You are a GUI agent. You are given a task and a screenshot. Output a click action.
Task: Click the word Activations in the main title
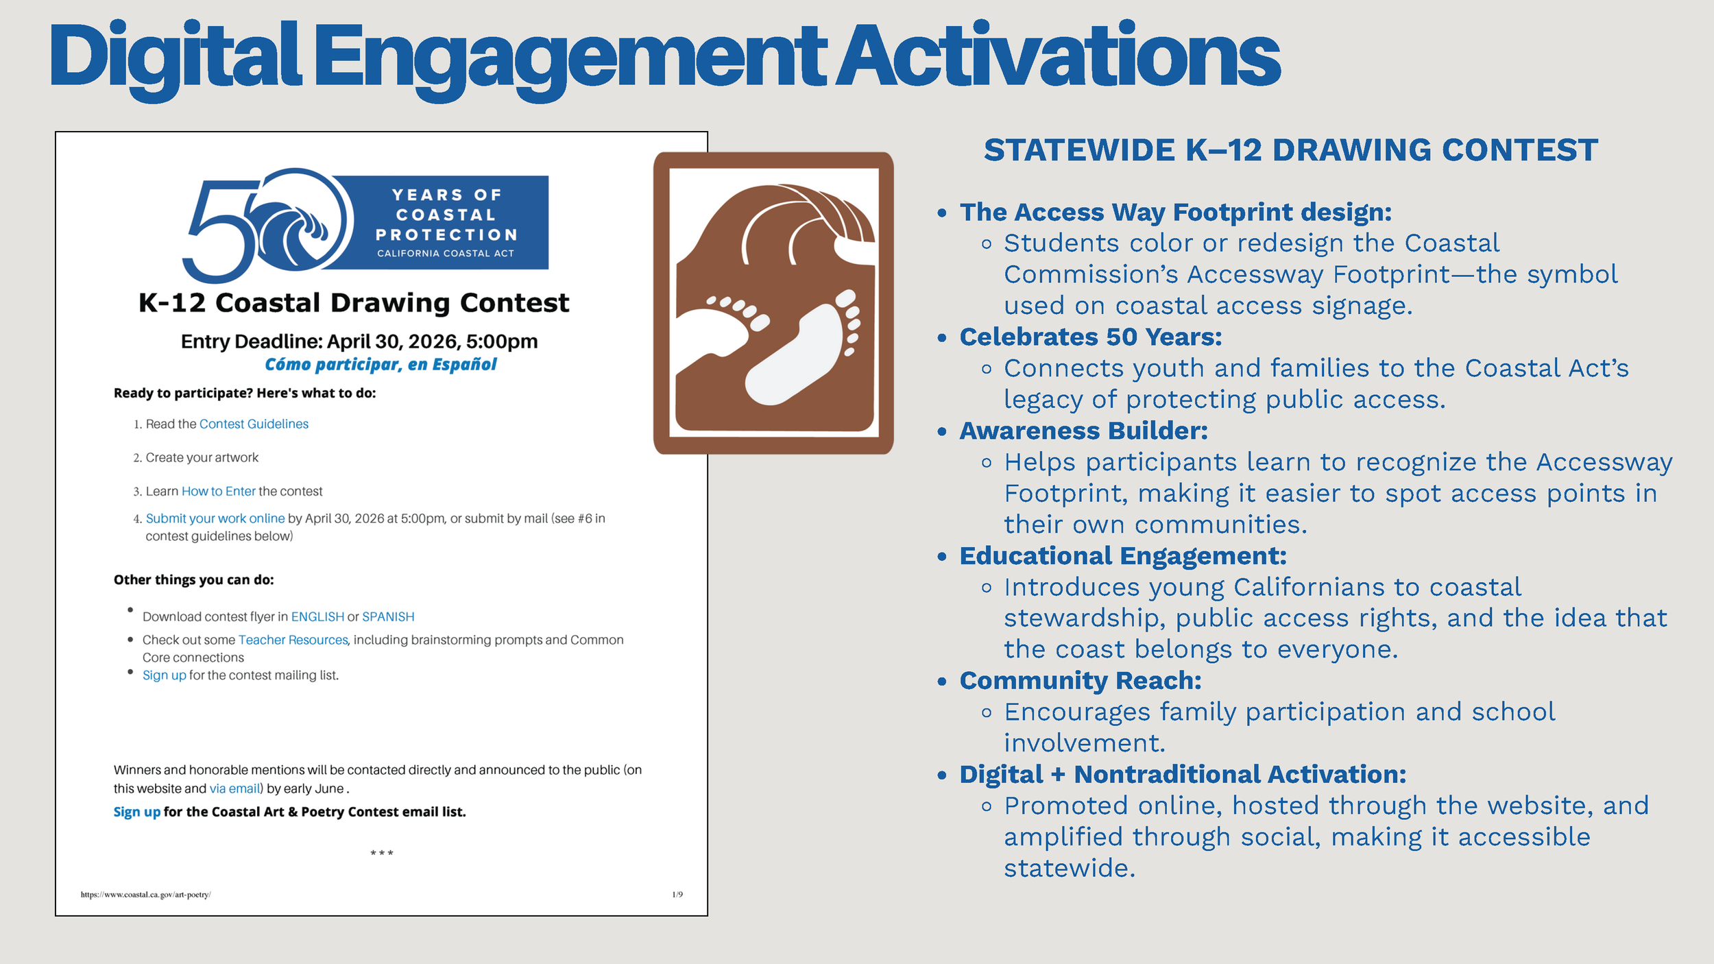tap(1057, 56)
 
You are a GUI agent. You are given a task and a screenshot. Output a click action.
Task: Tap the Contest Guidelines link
tap(254, 424)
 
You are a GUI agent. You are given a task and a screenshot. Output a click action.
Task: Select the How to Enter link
tap(218, 491)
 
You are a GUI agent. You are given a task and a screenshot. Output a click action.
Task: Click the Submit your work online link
tap(215, 518)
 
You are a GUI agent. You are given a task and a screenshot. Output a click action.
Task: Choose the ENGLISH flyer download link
tap(317, 616)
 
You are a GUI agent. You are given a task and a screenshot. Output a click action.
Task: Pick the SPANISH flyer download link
tap(388, 616)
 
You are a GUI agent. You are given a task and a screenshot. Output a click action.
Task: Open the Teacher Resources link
tap(293, 640)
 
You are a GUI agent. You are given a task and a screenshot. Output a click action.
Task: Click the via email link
tap(235, 788)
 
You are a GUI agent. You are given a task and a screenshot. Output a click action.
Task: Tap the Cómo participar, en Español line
tap(381, 364)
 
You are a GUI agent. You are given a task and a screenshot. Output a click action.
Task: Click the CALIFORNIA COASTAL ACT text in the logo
tap(445, 253)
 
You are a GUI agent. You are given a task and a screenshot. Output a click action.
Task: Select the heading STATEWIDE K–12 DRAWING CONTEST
tap(1290, 150)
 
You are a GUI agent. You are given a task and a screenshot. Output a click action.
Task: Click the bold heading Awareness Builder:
tap(1083, 431)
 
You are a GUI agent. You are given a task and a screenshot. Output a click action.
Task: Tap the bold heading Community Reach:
tap(1080, 680)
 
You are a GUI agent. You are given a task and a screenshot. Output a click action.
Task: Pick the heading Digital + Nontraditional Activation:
tap(1183, 774)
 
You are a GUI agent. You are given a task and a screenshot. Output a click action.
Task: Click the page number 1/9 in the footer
tap(677, 894)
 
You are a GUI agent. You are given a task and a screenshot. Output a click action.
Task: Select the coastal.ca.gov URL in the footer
tap(145, 894)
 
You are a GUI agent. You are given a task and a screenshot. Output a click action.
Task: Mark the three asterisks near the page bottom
tap(382, 853)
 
